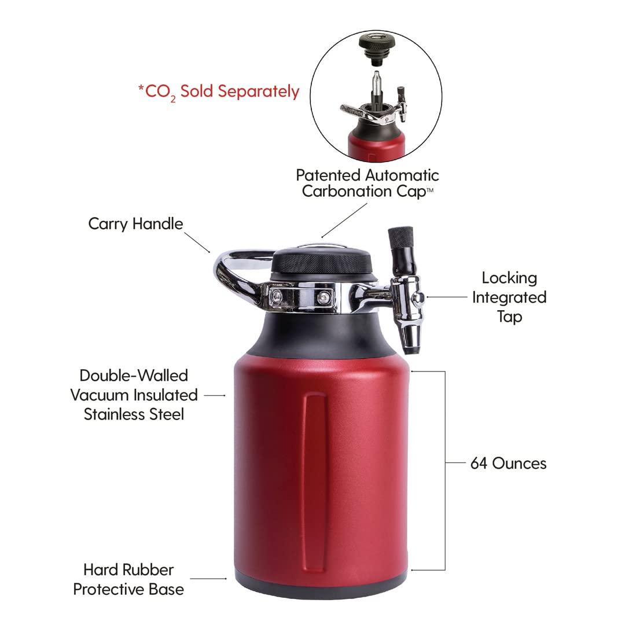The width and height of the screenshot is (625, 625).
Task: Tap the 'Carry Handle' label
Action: tap(135, 223)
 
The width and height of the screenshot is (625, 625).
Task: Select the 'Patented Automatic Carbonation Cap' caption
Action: tap(367, 183)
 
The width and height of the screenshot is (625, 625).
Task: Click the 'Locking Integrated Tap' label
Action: tap(509, 297)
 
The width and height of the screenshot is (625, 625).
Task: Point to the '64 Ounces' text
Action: tap(508, 463)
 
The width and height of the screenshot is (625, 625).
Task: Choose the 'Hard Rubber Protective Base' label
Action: tap(128, 580)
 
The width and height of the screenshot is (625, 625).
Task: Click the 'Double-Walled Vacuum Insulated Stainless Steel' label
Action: tap(134, 395)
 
